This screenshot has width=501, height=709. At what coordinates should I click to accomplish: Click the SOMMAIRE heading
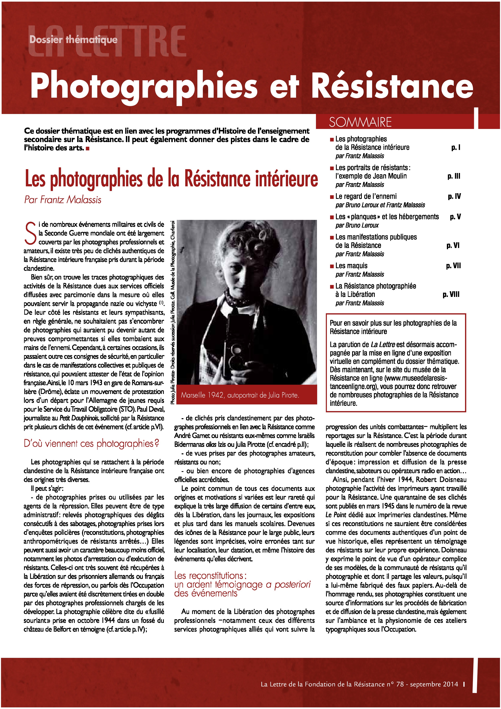tap(360, 122)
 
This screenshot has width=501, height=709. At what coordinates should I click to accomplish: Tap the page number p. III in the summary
tap(454, 176)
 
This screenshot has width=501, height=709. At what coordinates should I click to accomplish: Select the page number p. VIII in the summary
tap(451, 294)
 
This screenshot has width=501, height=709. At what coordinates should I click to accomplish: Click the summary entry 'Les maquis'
tap(351, 266)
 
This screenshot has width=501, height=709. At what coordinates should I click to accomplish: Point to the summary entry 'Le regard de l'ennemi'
tap(366, 196)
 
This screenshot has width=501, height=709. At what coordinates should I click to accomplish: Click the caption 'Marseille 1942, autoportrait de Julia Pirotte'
tap(240, 395)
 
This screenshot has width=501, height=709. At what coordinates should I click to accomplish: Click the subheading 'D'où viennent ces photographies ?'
tap(91, 443)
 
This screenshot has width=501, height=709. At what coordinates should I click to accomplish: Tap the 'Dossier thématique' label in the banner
tap(74, 40)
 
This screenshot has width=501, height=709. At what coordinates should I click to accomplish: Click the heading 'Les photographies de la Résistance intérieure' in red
tap(171, 179)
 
